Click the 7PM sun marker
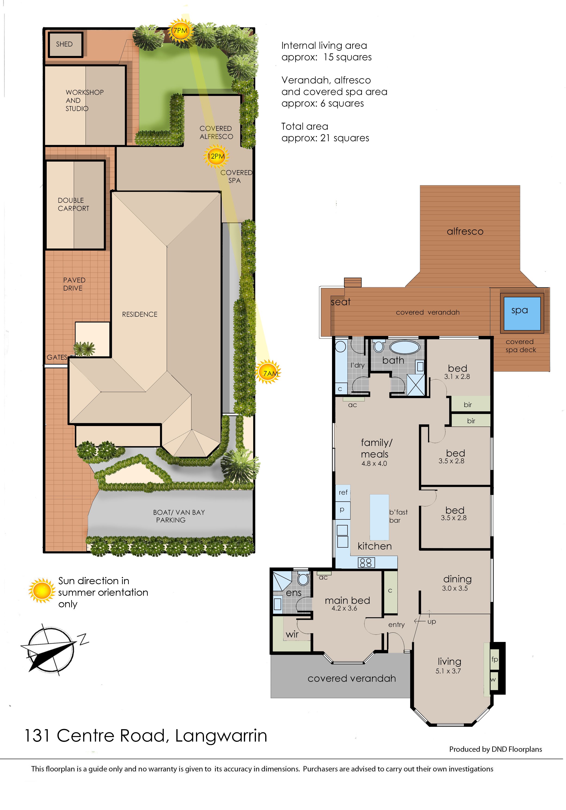coord(180,31)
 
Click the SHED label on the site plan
coord(64,44)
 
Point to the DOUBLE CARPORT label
coord(73,204)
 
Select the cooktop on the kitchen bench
coord(366,562)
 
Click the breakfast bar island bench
coord(379,517)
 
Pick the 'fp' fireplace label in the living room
coord(495,659)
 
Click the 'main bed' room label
coord(347,600)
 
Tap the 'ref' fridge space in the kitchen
coord(343,492)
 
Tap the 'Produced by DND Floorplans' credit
coord(495,749)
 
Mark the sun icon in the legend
coord(42,591)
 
